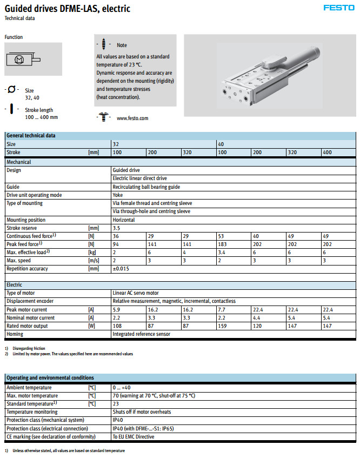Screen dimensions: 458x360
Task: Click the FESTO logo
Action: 339,8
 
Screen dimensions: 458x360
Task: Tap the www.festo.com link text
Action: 132,118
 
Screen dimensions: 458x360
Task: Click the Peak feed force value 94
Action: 116,244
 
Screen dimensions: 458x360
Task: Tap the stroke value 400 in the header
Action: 328,152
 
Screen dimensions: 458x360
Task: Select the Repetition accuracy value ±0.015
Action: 121,268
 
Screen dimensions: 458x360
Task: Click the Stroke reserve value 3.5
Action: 116,228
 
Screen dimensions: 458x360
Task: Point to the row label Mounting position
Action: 26,220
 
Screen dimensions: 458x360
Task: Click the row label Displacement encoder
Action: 29,301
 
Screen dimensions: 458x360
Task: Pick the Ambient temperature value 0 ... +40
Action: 123,387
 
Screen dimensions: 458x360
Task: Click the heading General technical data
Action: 31,135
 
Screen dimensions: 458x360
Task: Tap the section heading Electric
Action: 15,284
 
